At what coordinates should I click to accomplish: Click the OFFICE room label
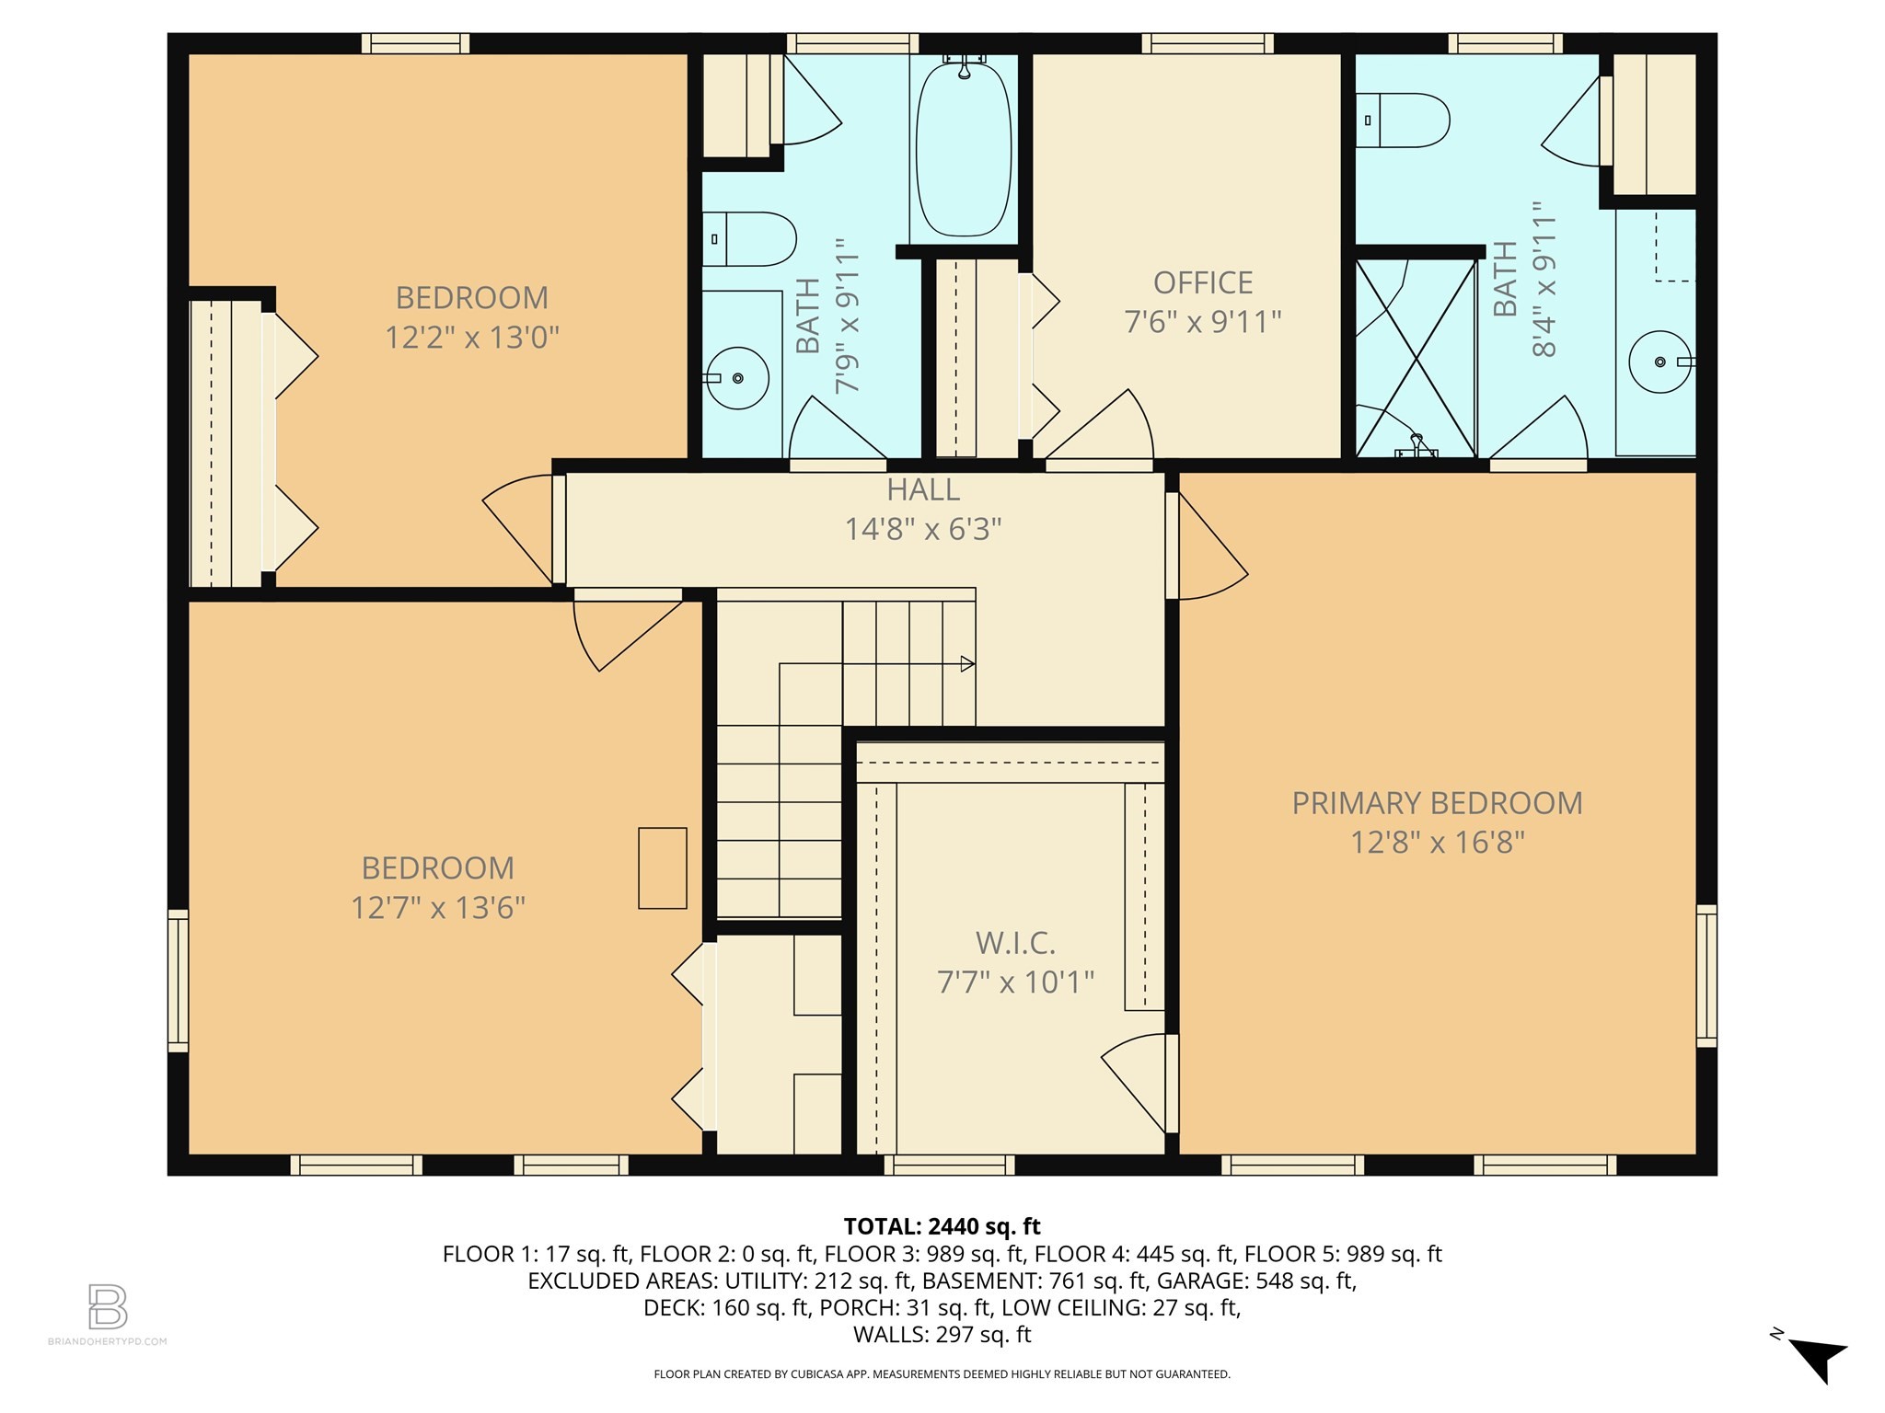[x=1202, y=282]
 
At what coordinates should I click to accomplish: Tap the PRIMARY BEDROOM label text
[x=1436, y=803]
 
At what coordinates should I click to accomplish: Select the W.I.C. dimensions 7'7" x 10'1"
[x=1014, y=982]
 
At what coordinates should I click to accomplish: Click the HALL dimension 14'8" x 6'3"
[x=922, y=529]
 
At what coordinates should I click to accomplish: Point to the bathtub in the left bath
[x=964, y=147]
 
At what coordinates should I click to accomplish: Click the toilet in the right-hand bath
[x=1401, y=120]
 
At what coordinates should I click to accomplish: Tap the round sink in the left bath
[x=736, y=377]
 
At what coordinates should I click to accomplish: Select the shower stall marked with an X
[x=1416, y=359]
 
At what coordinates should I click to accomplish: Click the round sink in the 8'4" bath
[x=1659, y=362]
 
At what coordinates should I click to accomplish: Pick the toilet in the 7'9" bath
[x=747, y=239]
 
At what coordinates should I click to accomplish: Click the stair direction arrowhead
[x=967, y=663]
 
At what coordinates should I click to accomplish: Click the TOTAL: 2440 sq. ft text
[x=942, y=1226]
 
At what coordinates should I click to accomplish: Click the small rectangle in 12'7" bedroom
[x=662, y=868]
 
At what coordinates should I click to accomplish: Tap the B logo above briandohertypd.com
[x=108, y=1306]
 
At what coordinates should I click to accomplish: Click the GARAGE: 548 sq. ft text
[x=1255, y=1281]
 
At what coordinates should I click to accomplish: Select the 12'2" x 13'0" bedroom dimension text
[x=471, y=338]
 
